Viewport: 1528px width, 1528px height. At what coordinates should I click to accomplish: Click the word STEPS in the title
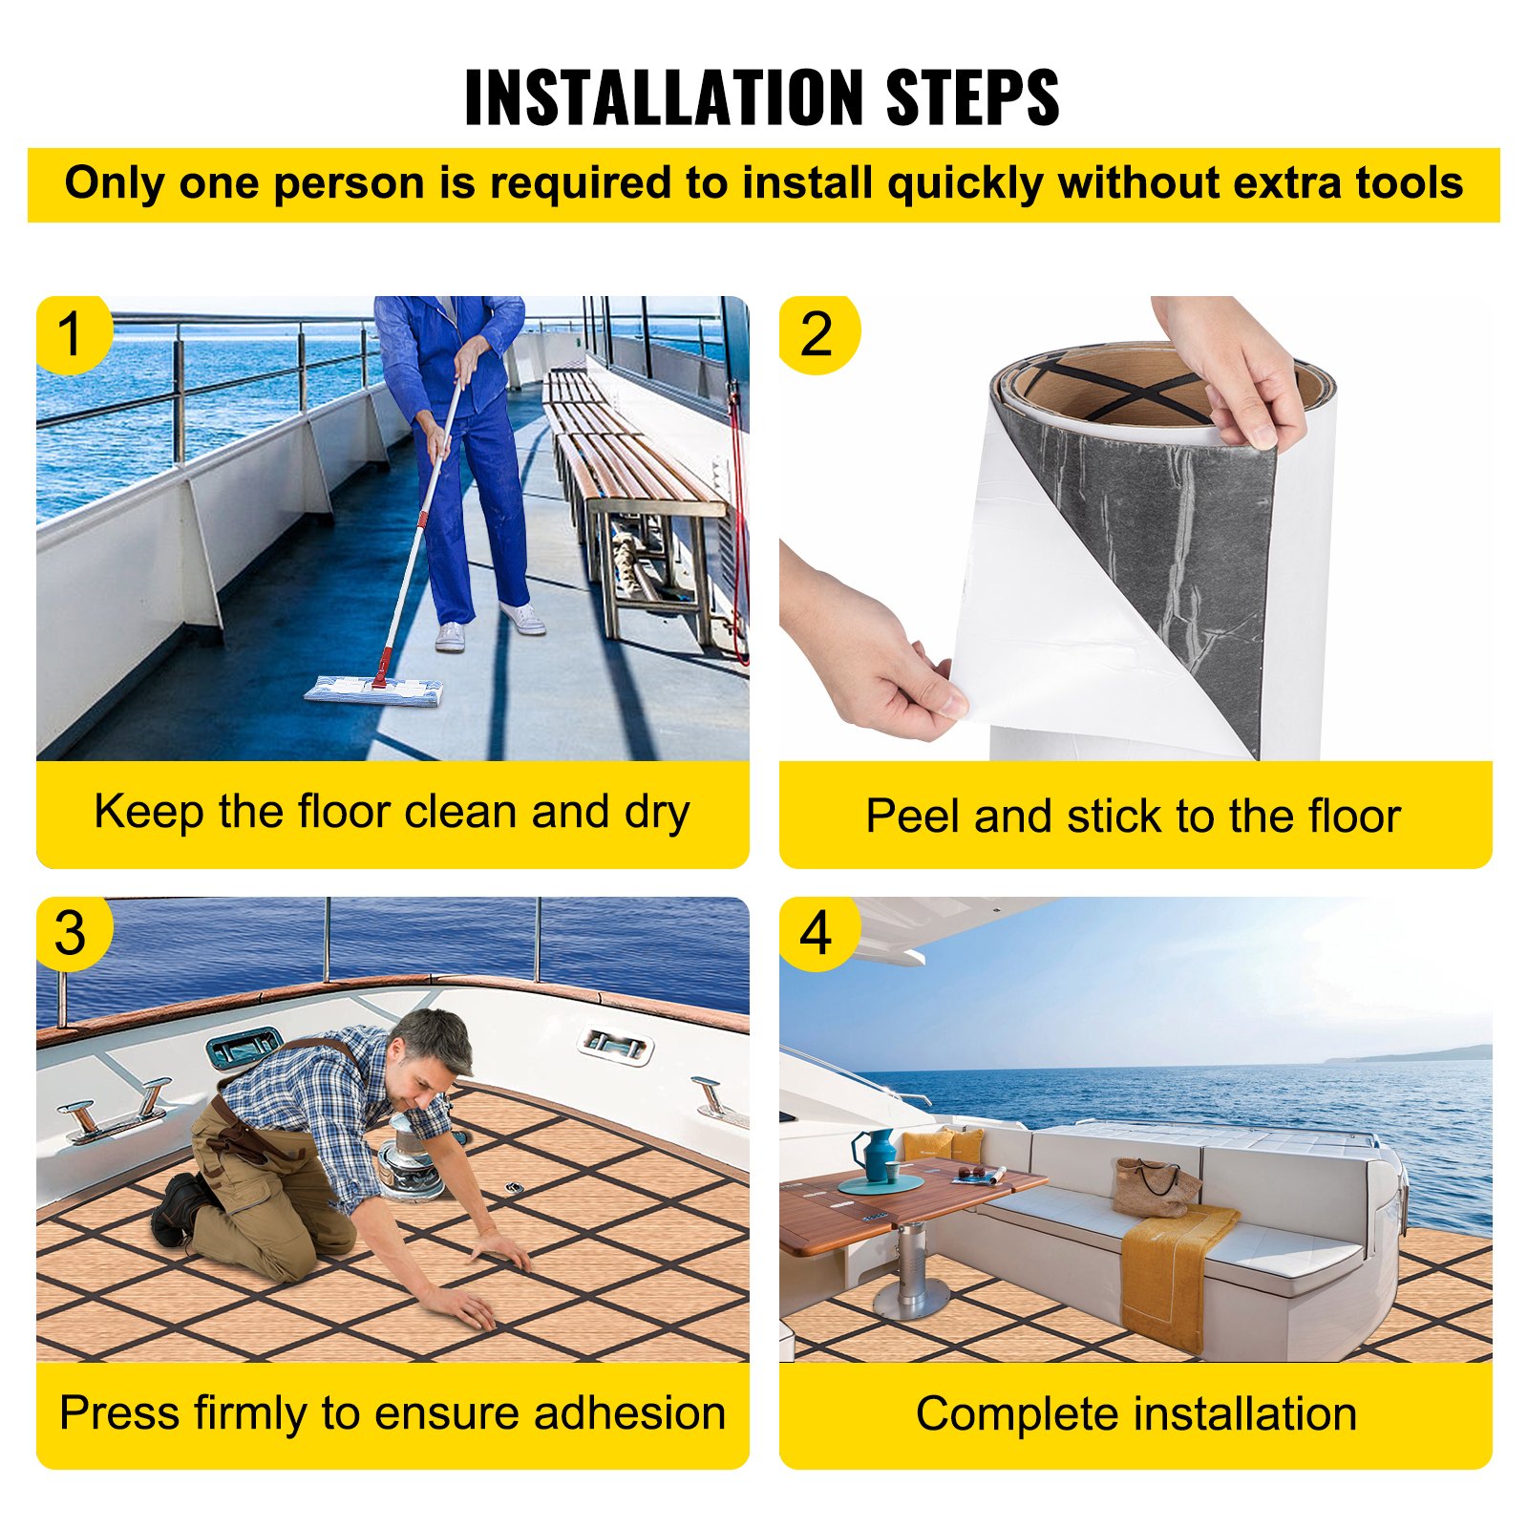click(x=972, y=96)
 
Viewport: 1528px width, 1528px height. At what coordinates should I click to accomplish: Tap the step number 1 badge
click(x=73, y=334)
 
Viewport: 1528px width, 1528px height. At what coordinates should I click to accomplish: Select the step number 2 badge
click(x=817, y=334)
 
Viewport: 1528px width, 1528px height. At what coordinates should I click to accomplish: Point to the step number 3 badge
click(x=73, y=933)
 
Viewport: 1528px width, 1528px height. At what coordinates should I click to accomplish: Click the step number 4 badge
click(x=817, y=933)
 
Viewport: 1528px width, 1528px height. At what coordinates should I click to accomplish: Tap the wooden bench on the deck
click(x=630, y=487)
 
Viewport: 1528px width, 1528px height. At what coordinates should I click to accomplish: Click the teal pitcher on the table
click(x=876, y=1155)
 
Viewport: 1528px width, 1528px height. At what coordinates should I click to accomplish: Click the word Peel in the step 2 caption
click(x=913, y=817)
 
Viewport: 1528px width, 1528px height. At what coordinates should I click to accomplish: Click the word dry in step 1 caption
click(x=657, y=815)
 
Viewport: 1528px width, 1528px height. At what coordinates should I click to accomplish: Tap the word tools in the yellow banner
click(x=1410, y=182)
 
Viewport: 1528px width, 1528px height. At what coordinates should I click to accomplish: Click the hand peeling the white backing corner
click(x=874, y=649)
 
